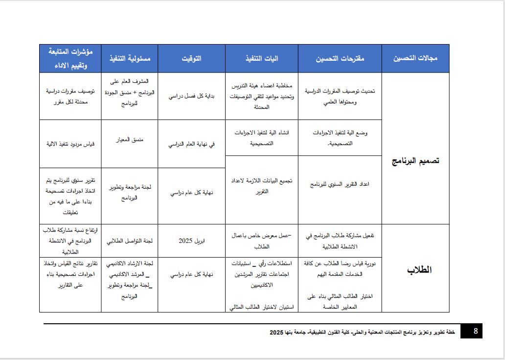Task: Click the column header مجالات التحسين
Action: pyautogui.click(x=415, y=58)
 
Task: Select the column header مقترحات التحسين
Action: pyautogui.click(x=340, y=58)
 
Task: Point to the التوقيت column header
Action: pyautogui.click(x=191, y=58)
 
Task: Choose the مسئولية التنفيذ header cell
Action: pyautogui.click(x=129, y=58)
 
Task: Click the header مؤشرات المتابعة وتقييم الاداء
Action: pyautogui.click(x=70, y=58)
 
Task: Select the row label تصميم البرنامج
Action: pyautogui.click(x=415, y=161)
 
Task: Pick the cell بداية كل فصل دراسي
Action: pyautogui.click(x=191, y=96)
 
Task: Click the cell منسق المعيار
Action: pyautogui.click(x=129, y=140)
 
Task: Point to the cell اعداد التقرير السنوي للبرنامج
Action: pyautogui.click(x=340, y=184)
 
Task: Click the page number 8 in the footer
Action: pyautogui.click(x=475, y=331)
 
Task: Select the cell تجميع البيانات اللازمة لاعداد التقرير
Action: pyautogui.click(x=263, y=186)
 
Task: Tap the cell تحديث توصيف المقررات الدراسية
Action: pyautogui.click(x=340, y=96)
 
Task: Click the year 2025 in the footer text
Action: pyautogui.click(x=276, y=332)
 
